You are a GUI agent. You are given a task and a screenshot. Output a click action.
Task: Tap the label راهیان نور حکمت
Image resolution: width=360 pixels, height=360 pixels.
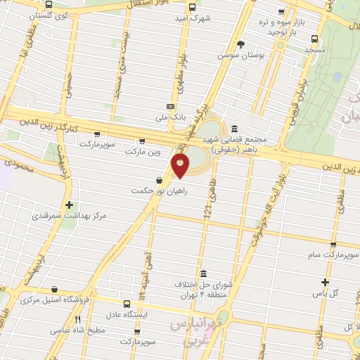tap(157, 191)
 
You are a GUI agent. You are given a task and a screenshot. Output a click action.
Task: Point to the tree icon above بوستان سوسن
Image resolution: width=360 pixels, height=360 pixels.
tap(241, 44)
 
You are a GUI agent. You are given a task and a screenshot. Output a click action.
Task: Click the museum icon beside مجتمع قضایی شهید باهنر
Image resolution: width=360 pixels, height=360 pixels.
tap(233, 128)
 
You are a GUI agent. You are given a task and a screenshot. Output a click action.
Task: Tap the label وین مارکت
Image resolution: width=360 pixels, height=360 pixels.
tap(143, 151)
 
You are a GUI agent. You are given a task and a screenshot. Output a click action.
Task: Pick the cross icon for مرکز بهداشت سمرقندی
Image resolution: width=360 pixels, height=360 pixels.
tap(68, 205)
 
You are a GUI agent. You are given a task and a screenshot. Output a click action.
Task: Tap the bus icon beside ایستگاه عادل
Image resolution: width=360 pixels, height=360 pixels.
tap(126, 304)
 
